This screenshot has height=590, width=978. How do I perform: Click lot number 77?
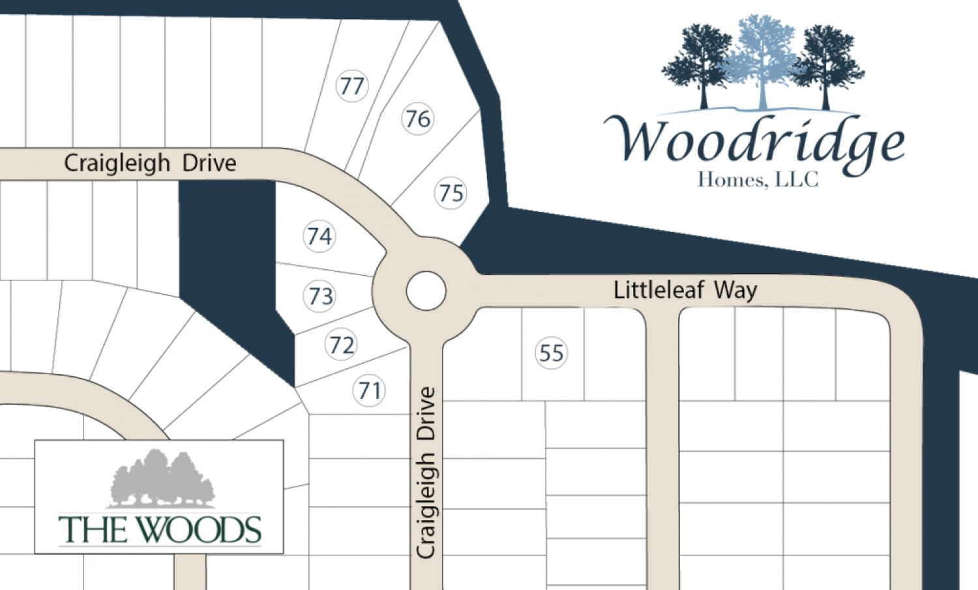[352, 86]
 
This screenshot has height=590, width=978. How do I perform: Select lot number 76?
[417, 119]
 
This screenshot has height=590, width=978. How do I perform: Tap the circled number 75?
[451, 193]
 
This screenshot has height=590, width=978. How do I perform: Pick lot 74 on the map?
[319, 236]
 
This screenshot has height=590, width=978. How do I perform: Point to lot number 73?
[320, 297]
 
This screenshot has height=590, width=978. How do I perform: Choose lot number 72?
[342, 345]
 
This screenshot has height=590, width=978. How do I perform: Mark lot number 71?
[370, 391]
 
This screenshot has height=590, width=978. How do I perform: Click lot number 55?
[551, 353]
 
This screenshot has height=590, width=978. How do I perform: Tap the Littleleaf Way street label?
[685, 290]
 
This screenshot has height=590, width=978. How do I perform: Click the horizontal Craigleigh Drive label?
[150, 163]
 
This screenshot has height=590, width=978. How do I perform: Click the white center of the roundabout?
[426, 291]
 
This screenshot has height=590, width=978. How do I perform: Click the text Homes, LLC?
[758, 179]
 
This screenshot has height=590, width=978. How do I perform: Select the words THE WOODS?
[160, 530]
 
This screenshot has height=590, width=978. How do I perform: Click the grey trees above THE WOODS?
[162, 479]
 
